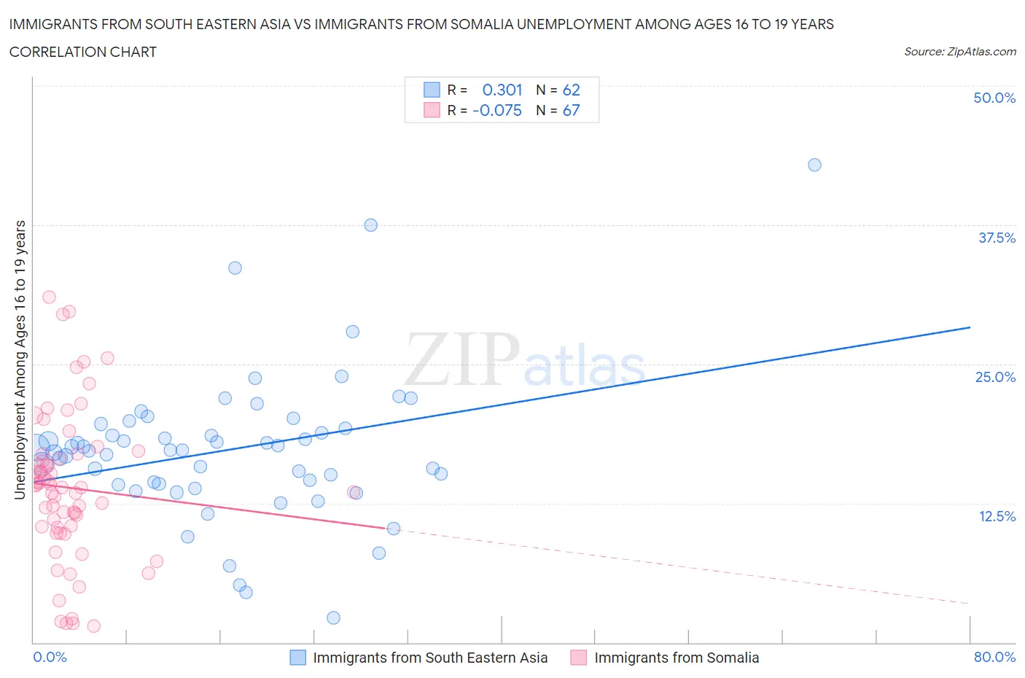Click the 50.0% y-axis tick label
coord(994,98)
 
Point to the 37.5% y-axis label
coord(997,238)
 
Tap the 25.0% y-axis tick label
coord(995,377)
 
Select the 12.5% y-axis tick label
coord(997,516)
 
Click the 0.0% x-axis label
coord(50,657)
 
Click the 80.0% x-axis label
coord(994,657)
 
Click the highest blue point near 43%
coord(814,165)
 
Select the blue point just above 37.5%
coord(370,225)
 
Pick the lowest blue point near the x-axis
coord(333,617)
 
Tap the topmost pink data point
coord(49,297)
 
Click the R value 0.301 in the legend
coord(502,90)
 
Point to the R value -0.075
coord(497,110)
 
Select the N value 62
coord(571,90)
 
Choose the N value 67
coord(571,110)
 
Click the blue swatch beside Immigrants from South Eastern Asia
coord(297,658)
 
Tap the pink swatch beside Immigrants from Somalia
coord(579,658)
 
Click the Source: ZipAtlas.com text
coord(959,51)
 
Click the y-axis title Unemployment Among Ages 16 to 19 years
coord(20,360)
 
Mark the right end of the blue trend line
coord(970,327)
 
